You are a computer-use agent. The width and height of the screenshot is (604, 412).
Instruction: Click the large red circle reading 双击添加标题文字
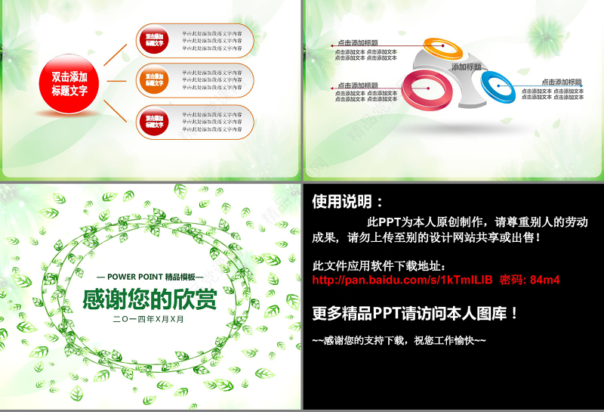(69, 83)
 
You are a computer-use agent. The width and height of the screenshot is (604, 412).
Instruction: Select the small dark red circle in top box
(154, 39)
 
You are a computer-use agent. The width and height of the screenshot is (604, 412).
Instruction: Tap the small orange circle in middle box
(154, 80)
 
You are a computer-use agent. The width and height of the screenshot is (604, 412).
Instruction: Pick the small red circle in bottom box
(154, 122)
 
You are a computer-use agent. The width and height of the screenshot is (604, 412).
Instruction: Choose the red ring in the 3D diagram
(427, 88)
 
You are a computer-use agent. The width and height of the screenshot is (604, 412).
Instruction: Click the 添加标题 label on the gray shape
(467, 67)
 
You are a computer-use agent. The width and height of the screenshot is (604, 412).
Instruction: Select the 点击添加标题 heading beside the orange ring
(358, 43)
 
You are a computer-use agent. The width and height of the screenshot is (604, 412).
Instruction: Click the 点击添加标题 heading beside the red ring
(358, 85)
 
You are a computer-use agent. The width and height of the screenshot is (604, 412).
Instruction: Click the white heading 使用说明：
(347, 202)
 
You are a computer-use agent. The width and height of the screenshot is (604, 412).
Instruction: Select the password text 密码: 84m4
(529, 280)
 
